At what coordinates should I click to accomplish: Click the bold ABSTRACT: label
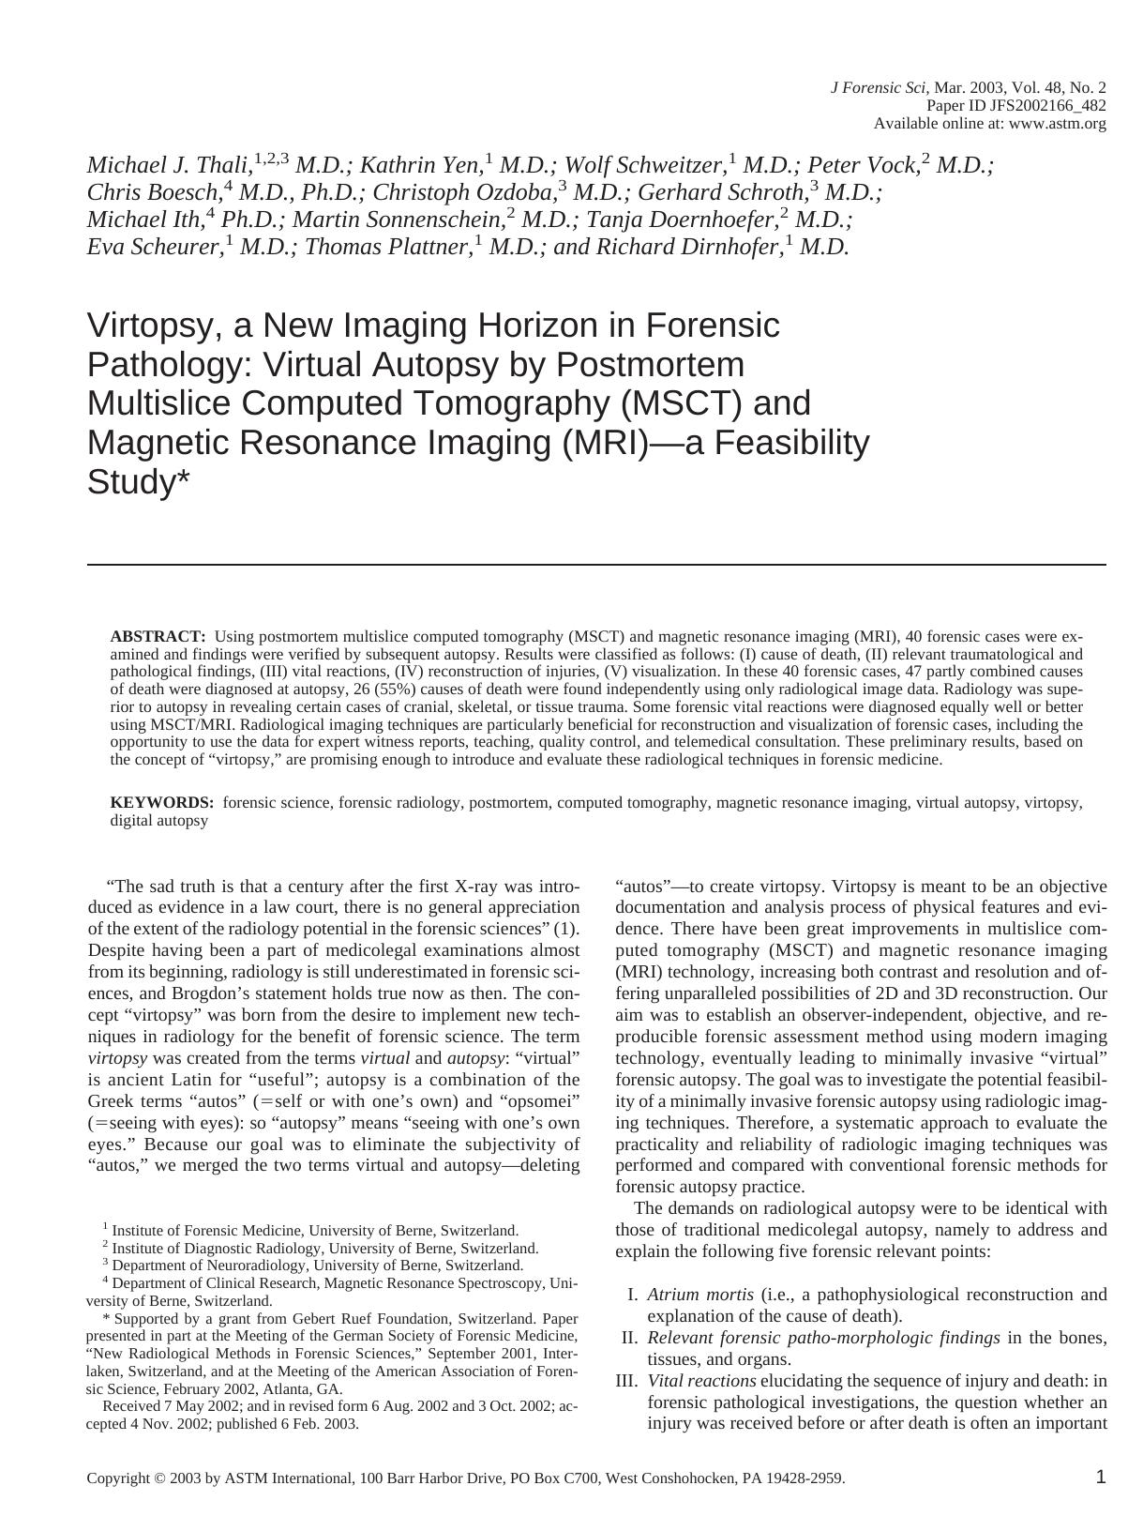coord(158,637)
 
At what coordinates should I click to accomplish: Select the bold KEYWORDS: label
coord(162,803)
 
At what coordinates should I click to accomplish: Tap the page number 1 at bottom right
coord(1101,1478)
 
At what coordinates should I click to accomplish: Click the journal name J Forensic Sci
coord(879,88)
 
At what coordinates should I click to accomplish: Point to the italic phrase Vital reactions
coord(701,1381)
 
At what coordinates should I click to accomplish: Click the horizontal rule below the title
coord(596,565)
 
